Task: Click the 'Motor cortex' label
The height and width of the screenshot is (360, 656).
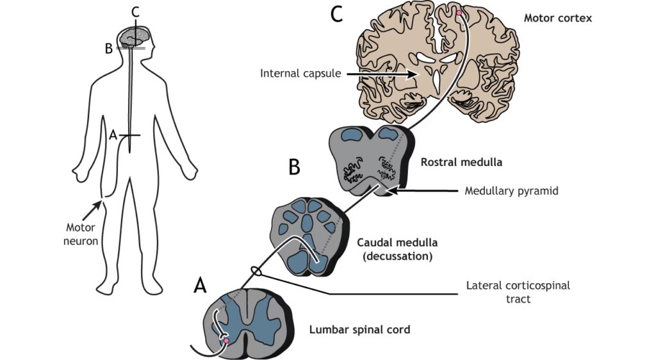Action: click(x=557, y=18)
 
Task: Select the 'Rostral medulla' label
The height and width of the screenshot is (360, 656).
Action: click(x=461, y=163)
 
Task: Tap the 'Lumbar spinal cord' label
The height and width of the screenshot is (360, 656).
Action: click(x=359, y=331)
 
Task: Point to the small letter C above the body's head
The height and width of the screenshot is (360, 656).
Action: click(x=134, y=11)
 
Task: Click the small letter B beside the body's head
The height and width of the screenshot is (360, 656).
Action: click(x=110, y=47)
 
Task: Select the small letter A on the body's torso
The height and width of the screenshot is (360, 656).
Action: click(x=113, y=135)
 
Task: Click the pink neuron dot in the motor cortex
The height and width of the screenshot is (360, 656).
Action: click(x=459, y=12)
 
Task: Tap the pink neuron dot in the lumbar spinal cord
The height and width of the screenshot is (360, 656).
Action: click(x=226, y=341)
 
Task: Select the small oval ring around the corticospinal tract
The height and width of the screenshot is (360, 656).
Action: click(x=256, y=272)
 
